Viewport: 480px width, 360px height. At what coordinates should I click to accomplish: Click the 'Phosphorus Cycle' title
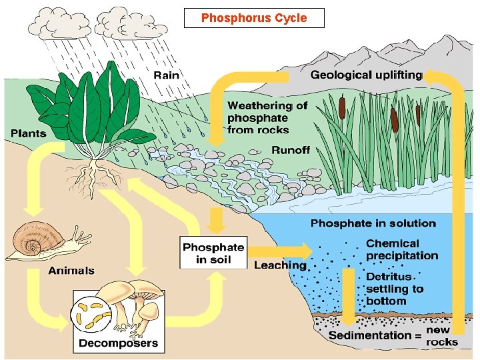(254, 18)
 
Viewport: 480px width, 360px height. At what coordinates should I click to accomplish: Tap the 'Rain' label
(166, 75)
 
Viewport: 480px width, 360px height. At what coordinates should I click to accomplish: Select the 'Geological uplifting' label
(366, 75)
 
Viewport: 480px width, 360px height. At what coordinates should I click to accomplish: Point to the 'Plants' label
(29, 133)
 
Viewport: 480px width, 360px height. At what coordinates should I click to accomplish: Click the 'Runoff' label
(291, 149)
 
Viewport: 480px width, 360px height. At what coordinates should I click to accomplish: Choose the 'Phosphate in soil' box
(213, 253)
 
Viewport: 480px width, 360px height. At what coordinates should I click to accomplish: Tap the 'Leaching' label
(280, 265)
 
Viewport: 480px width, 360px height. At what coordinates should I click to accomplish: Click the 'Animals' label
(71, 271)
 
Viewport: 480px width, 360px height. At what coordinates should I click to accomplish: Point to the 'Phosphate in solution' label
(373, 223)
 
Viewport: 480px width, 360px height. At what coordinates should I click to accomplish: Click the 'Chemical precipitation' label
(402, 249)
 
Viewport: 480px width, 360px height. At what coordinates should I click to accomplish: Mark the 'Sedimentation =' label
(375, 335)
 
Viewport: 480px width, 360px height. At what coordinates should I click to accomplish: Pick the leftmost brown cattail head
(341, 107)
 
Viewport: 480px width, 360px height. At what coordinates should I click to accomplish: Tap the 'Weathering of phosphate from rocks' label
(267, 117)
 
